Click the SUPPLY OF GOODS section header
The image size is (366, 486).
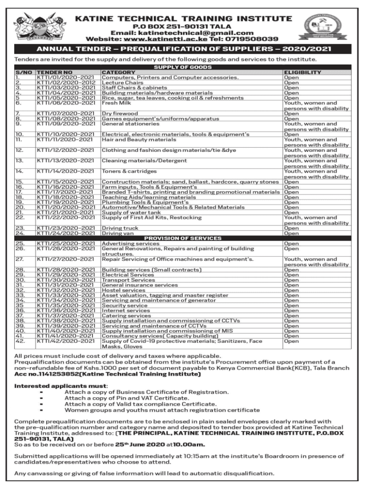(x=183, y=67)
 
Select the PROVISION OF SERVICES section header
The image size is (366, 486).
(x=183, y=238)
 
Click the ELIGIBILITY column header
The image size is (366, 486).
(x=302, y=73)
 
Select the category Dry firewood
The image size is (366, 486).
(x=120, y=113)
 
